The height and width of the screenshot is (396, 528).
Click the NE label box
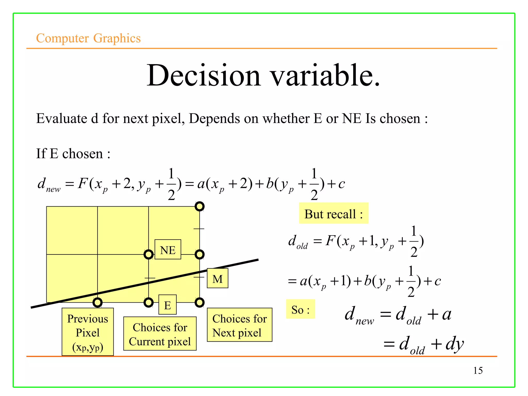pyautogui.click(x=168, y=249)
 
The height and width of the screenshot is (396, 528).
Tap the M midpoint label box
pyautogui.click(x=218, y=278)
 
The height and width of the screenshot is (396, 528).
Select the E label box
pyautogui.click(x=168, y=305)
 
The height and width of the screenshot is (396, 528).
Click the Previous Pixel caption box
pyautogui.click(x=88, y=332)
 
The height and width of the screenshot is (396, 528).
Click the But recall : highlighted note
pyautogui.click(x=334, y=213)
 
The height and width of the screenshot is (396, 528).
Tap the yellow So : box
pyautogui.click(x=300, y=309)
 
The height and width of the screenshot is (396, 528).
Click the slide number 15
pyautogui.click(x=478, y=370)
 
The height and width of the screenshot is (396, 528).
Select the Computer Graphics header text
pyautogui.click(x=88, y=38)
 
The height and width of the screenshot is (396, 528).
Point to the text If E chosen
pyautogui.click(x=73, y=154)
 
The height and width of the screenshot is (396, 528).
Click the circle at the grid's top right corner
pyautogui.click(x=200, y=206)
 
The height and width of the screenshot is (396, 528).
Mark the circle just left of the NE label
pyautogui.click(x=148, y=254)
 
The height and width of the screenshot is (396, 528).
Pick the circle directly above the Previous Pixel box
pyautogui.click(x=97, y=302)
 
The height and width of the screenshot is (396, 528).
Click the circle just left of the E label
pyautogui.click(x=148, y=302)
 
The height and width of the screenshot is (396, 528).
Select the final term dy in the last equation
pyautogui.click(x=455, y=344)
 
